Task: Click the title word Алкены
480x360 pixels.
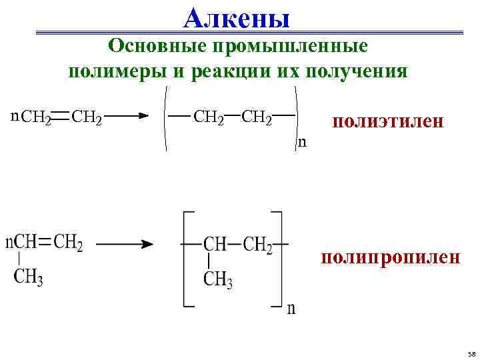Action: point(237,18)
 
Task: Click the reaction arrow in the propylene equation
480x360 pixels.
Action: point(124,244)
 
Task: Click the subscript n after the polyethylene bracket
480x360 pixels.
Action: point(302,141)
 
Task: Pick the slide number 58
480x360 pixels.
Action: point(471,353)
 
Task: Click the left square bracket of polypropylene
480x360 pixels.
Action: point(185,260)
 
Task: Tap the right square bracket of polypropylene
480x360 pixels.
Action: point(279,260)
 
